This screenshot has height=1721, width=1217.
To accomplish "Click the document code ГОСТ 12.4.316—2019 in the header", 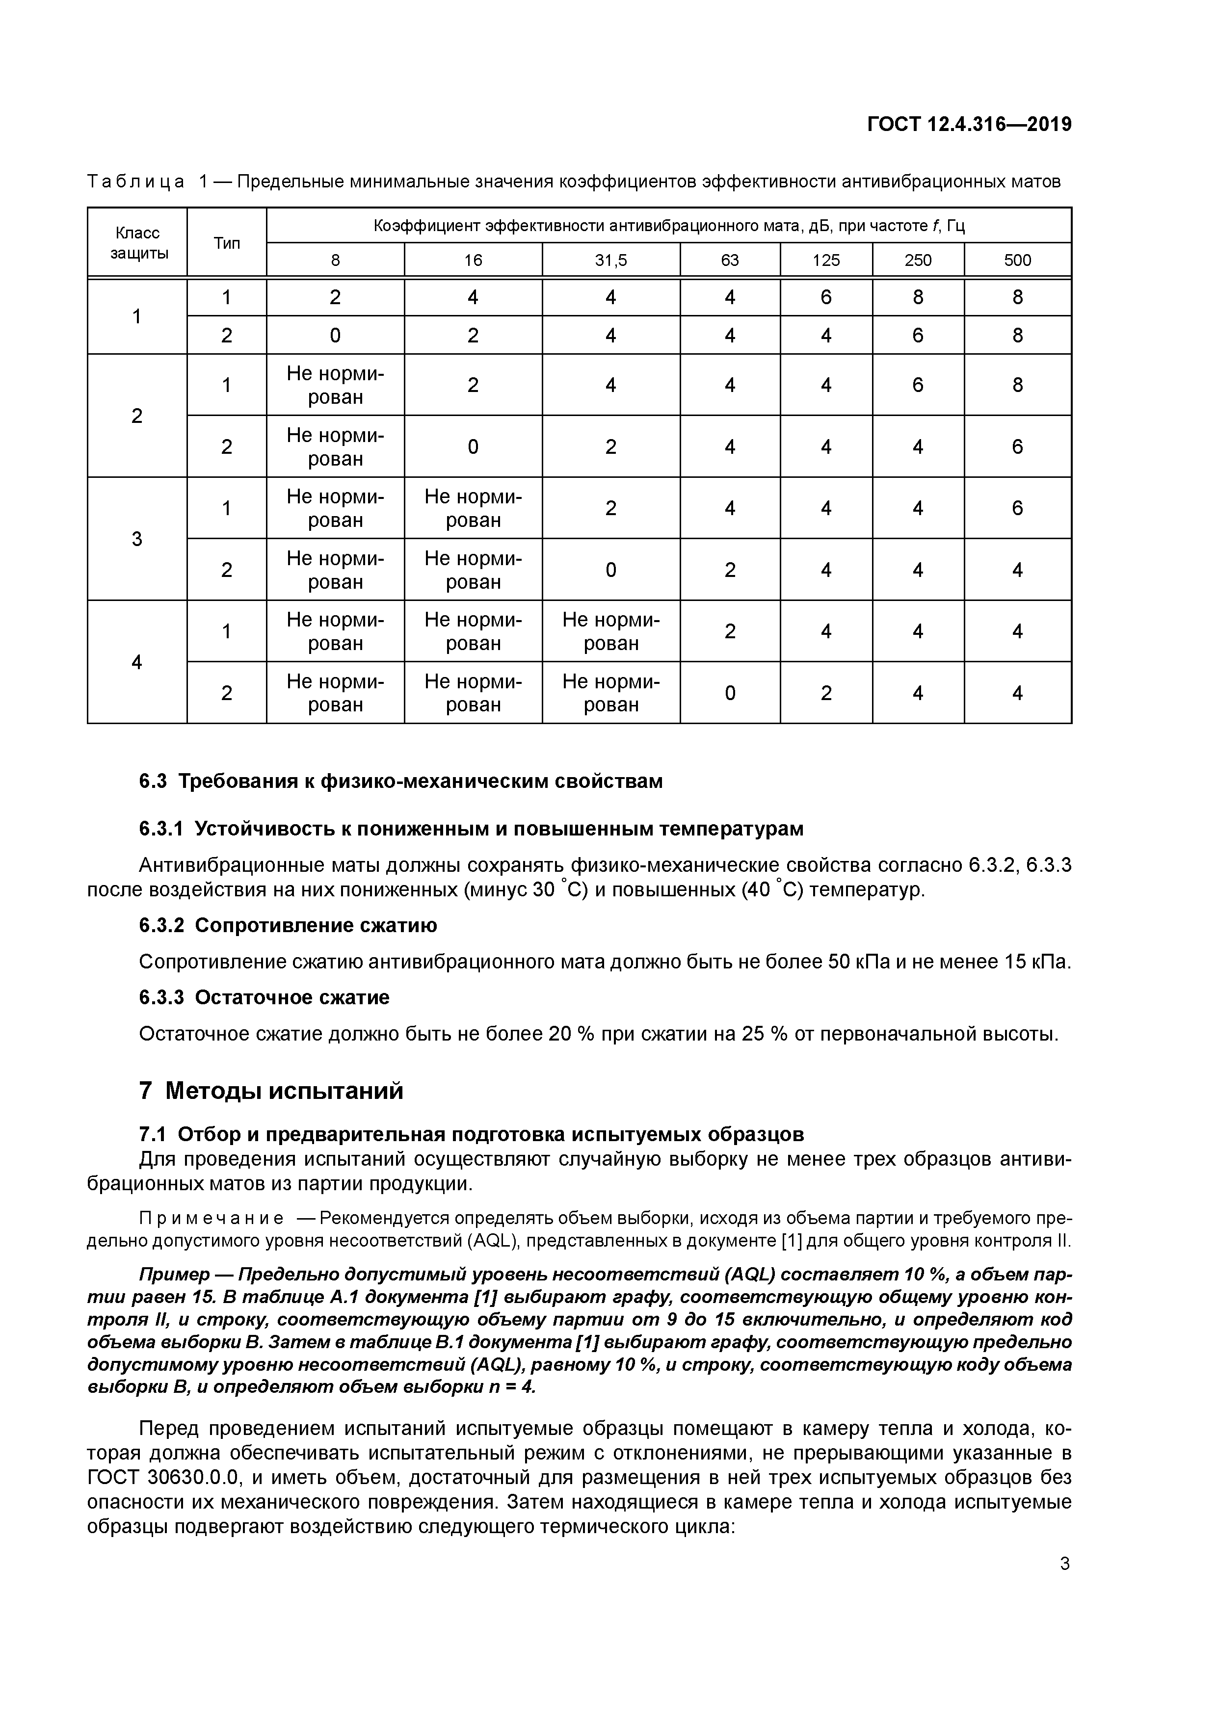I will coord(969,125).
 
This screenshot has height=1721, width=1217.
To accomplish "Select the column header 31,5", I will coord(610,260).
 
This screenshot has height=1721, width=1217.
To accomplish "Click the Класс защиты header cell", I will coord(137,243).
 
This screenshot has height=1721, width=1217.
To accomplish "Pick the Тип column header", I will coord(226,243).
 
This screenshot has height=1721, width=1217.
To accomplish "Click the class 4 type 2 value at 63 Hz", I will coord(730,693).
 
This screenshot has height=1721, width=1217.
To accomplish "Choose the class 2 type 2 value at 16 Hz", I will coord(473,447).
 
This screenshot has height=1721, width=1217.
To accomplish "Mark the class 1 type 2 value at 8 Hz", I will coord(335,335).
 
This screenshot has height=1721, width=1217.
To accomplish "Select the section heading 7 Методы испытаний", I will coord(271,1091).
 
